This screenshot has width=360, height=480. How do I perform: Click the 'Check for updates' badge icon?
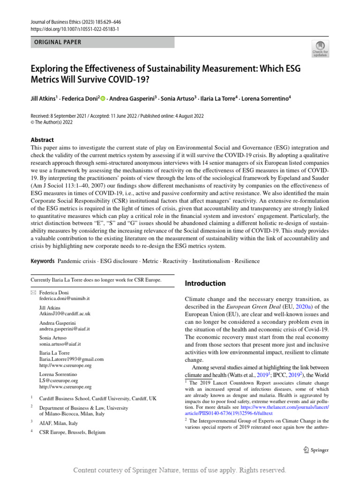click(x=321, y=48)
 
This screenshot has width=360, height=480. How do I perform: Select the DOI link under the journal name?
click(x=75, y=29)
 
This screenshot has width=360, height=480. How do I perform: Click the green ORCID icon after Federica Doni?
click(x=103, y=98)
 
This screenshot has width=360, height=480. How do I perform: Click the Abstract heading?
click(x=42, y=140)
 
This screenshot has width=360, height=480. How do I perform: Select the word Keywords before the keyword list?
click(x=43, y=261)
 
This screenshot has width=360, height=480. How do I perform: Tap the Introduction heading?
click(x=205, y=283)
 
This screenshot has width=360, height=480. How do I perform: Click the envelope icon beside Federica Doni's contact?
click(x=33, y=292)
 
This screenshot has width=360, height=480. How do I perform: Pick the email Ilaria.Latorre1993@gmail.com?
click(x=71, y=359)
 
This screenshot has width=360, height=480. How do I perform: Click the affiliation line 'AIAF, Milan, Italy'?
click(x=59, y=422)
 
